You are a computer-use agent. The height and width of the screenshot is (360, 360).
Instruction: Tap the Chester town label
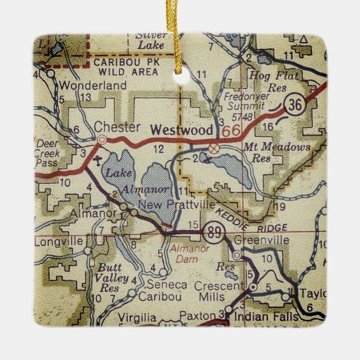click(x=118, y=126)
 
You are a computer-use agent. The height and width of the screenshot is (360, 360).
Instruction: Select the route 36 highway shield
click(x=294, y=103)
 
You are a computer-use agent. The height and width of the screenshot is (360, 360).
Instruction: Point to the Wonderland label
click(x=92, y=86)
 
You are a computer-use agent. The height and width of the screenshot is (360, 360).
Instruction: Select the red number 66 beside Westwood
click(x=226, y=130)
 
